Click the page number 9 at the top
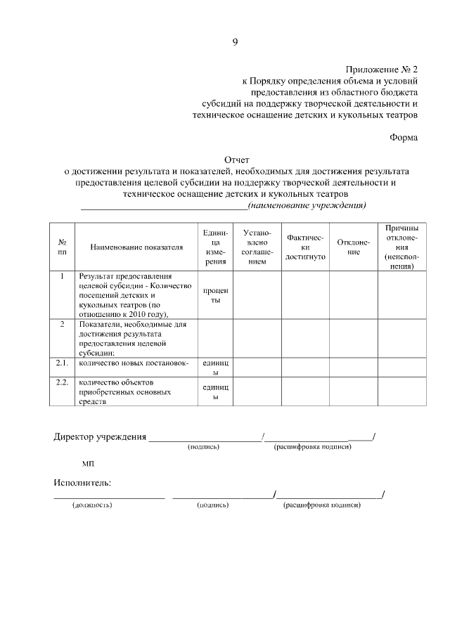235,42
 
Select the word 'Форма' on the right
404,137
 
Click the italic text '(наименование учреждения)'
308,205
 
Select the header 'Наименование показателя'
136,247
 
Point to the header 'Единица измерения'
215,247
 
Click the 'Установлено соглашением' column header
257,247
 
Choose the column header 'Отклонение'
353,247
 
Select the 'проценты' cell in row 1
215,295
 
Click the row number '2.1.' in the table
62,363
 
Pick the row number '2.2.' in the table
62,382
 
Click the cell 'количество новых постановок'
134,363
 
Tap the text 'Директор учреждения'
100,437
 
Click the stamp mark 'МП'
88,465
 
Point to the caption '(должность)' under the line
92,505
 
